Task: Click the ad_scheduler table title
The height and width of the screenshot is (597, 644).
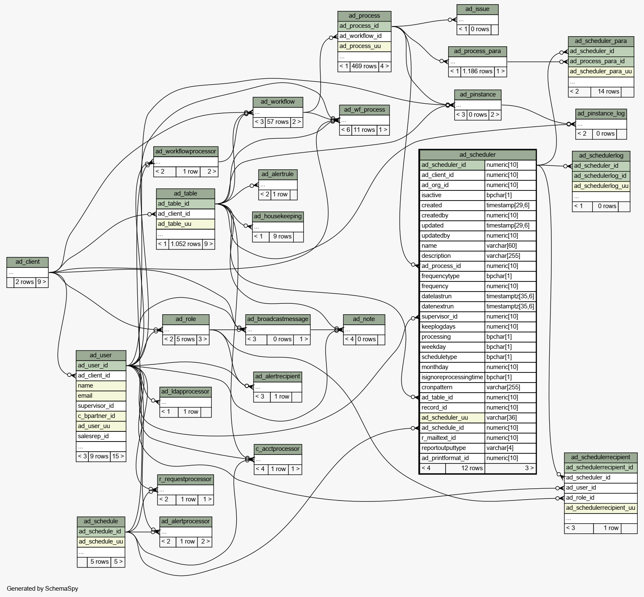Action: tap(477, 155)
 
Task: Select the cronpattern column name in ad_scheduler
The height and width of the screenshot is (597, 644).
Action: tap(437, 387)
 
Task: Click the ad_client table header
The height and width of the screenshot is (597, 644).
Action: tap(27, 262)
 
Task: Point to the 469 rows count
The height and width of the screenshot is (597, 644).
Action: tap(364, 66)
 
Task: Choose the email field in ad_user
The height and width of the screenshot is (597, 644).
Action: tap(101, 396)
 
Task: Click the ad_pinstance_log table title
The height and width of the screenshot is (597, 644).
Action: tap(601, 113)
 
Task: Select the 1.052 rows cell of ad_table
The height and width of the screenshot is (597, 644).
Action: tap(185, 244)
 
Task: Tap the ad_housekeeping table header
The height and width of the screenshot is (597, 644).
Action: tap(278, 216)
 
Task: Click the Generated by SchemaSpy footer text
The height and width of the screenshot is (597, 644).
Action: tap(42, 589)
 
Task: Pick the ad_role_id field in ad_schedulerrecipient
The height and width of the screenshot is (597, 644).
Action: tap(601, 498)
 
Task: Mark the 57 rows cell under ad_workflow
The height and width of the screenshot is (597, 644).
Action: tap(278, 122)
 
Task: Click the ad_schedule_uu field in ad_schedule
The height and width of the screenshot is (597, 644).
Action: tap(101, 541)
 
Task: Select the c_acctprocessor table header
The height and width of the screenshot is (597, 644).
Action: tap(278, 449)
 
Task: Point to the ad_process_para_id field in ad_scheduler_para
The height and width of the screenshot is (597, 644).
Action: tap(601, 61)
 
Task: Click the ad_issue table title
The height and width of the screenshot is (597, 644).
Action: tap(477, 9)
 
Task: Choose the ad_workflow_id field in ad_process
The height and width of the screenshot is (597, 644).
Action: tap(364, 36)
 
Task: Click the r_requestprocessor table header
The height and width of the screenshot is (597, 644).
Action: tap(185, 479)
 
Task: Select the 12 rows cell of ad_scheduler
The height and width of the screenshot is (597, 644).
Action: tap(465, 468)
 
